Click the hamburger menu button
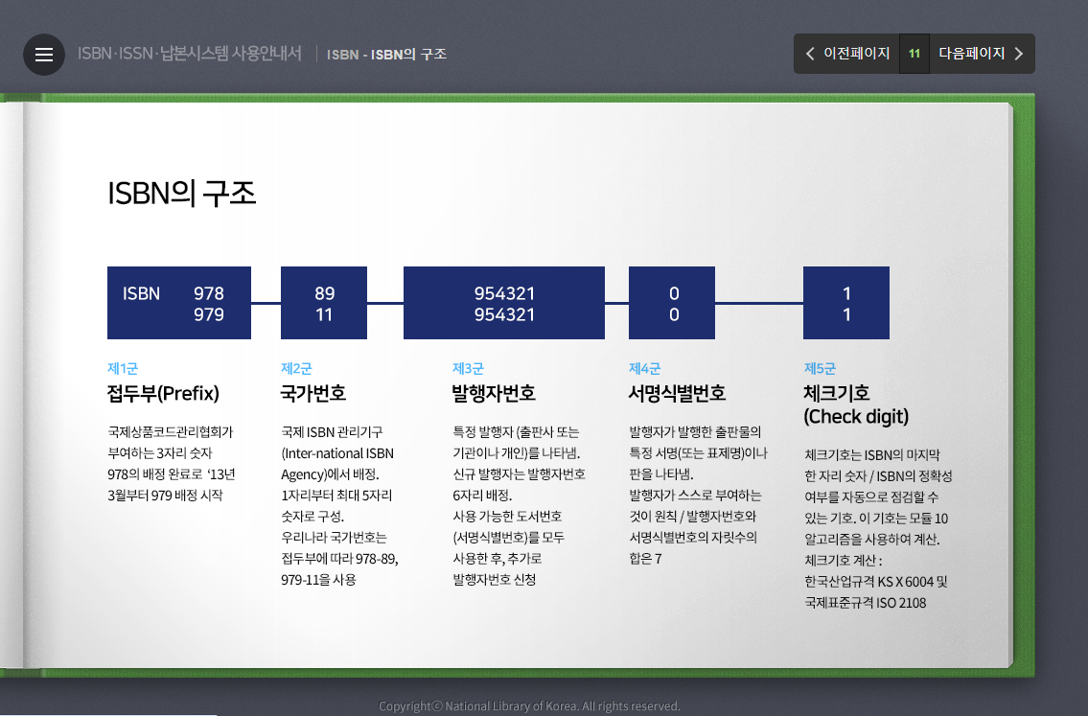click(44, 55)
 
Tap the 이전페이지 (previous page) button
click(847, 54)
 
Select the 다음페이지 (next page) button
click(981, 54)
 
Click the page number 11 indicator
click(914, 54)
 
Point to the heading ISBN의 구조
click(182, 194)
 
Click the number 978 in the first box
click(208, 293)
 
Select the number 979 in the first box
click(208, 314)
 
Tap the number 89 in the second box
click(324, 293)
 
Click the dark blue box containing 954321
click(504, 303)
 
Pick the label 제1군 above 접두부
click(123, 368)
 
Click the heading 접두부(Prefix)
click(163, 393)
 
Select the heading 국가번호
click(313, 393)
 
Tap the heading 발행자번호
click(494, 393)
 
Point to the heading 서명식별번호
click(677, 393)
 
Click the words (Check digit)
click(856, 417)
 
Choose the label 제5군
click(820, 368)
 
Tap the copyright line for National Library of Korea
click(529, 706)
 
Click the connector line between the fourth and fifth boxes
click(759, 303)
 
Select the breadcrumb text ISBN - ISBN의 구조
click(386, 55)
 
